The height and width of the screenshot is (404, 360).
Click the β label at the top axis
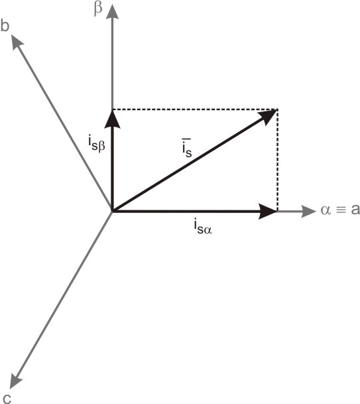point(98,9)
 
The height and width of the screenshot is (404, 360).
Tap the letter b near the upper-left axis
point(5,25)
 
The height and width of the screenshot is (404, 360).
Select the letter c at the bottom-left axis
point(7,398)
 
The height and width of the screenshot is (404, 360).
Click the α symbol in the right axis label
point(326,210)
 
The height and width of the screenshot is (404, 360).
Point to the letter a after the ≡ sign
point(355,210)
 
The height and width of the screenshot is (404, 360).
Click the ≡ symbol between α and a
point(341,210)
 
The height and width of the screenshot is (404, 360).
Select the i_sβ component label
point(97,145)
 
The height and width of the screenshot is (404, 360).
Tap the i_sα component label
point(203,226)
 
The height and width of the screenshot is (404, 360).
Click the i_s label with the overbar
point(187,148)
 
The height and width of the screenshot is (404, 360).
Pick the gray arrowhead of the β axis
point(112,11)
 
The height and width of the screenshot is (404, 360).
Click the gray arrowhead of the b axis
point(17,42)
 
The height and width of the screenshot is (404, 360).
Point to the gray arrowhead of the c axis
point(15,381)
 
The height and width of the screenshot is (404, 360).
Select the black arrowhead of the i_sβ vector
point(112,119)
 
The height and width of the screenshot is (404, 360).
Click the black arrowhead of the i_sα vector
point(268,211)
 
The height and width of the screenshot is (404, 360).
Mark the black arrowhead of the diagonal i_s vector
point(269,117)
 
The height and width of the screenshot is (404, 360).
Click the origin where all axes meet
point(112,211)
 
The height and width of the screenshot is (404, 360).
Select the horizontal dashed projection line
point(195,109)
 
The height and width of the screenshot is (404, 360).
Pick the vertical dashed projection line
point(277,161)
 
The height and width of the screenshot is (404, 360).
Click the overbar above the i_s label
point(186,139)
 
